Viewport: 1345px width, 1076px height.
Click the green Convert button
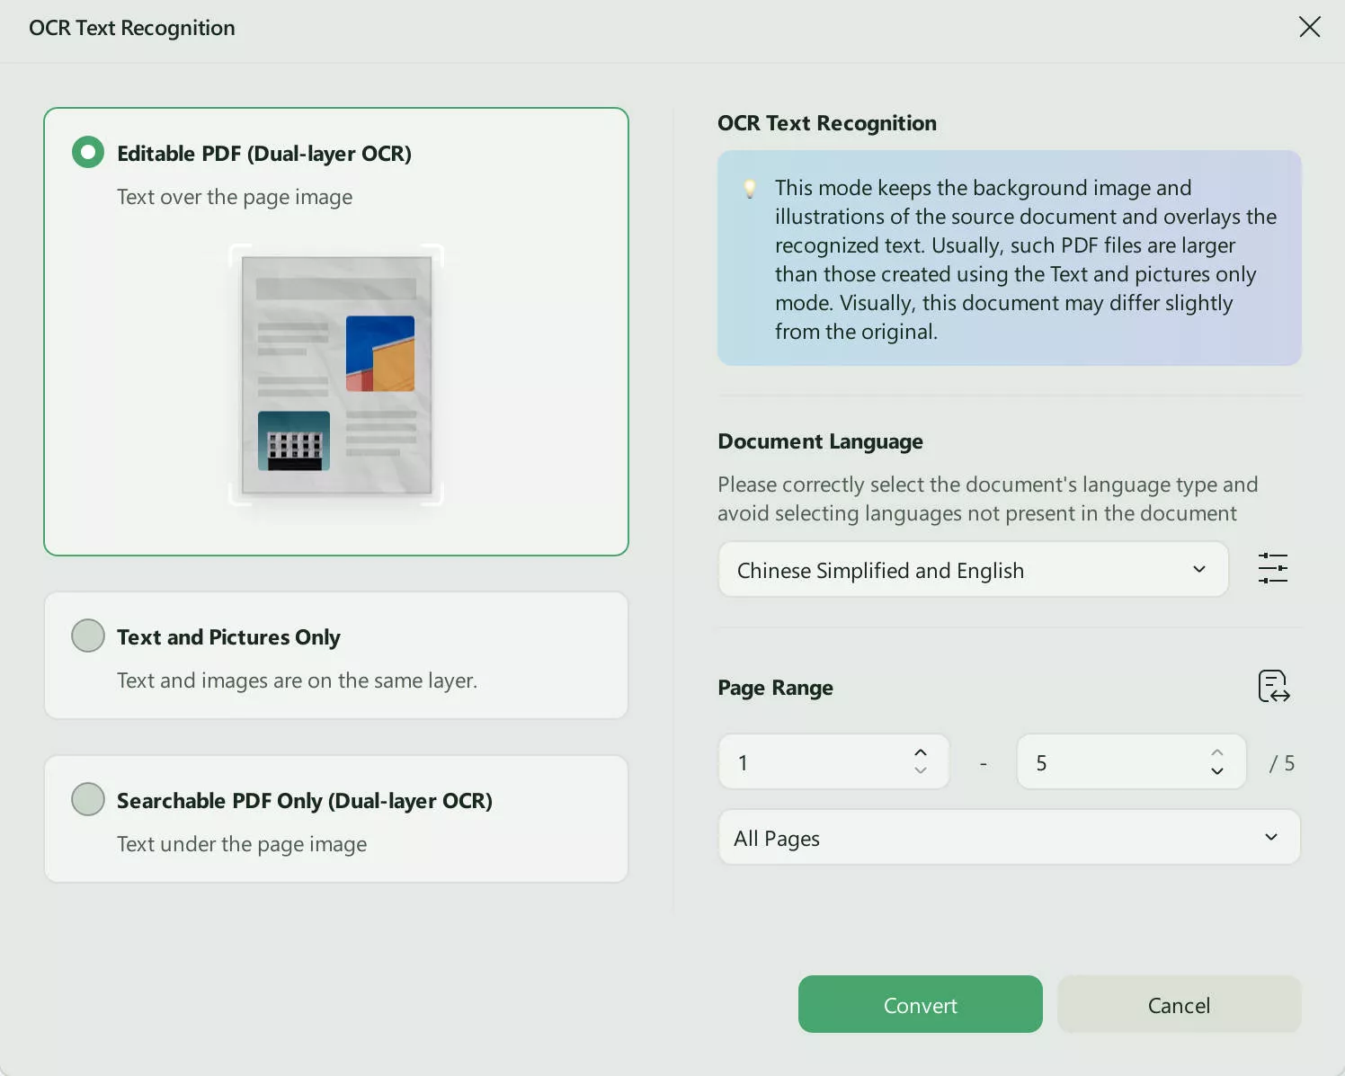point(920,1005)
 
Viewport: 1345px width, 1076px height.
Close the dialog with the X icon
point(1309,27)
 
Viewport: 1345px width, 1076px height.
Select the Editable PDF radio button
point(88,153)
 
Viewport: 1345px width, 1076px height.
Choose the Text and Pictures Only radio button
point(88,636)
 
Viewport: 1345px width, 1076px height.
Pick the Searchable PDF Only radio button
point(88,799)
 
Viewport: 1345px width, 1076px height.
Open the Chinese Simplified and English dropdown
point(973,570)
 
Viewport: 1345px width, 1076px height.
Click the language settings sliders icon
point(1272,569)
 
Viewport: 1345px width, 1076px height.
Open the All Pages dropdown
point(1009,838)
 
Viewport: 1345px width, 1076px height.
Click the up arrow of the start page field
point(920,753)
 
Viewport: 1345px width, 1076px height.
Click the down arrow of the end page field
point(1216,771)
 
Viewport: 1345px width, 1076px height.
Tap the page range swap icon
point(1273,687)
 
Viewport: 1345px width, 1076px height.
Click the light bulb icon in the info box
point(750,189)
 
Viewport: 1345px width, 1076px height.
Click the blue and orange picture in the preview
point(380,353)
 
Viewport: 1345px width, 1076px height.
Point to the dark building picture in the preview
point(294,440)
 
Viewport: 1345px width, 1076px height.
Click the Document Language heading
point(820,441)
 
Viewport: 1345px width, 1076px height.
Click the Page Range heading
point(775,688)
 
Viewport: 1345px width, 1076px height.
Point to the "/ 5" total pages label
point(1281,763)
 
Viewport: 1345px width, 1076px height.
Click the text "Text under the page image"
point(242,844)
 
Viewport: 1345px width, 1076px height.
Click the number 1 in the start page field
point(744,763)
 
